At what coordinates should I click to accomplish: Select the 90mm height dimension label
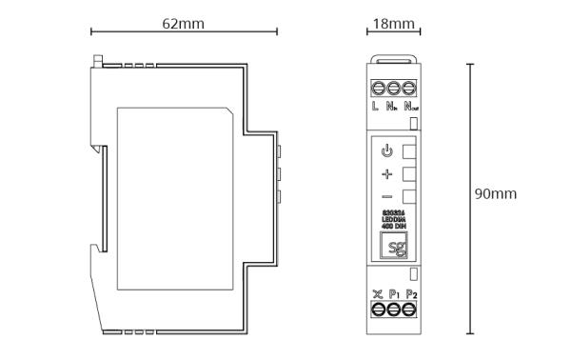tap(496, 193)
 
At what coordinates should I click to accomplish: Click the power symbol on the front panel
tap(386, 151)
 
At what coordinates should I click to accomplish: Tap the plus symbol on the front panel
tap(386, 175)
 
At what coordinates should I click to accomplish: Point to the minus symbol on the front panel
tap(386, 198)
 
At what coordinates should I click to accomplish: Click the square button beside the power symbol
tap(409, 151)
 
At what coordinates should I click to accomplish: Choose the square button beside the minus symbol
tap(409, 198)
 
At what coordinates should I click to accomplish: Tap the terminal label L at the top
tap(376, 106)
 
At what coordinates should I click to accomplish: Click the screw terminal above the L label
tap(377, 87)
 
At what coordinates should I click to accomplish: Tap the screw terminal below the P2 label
tap(408, 311)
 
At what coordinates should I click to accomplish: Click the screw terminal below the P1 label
tap(392, 311)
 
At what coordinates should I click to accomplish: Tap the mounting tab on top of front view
tap(393, 55)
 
